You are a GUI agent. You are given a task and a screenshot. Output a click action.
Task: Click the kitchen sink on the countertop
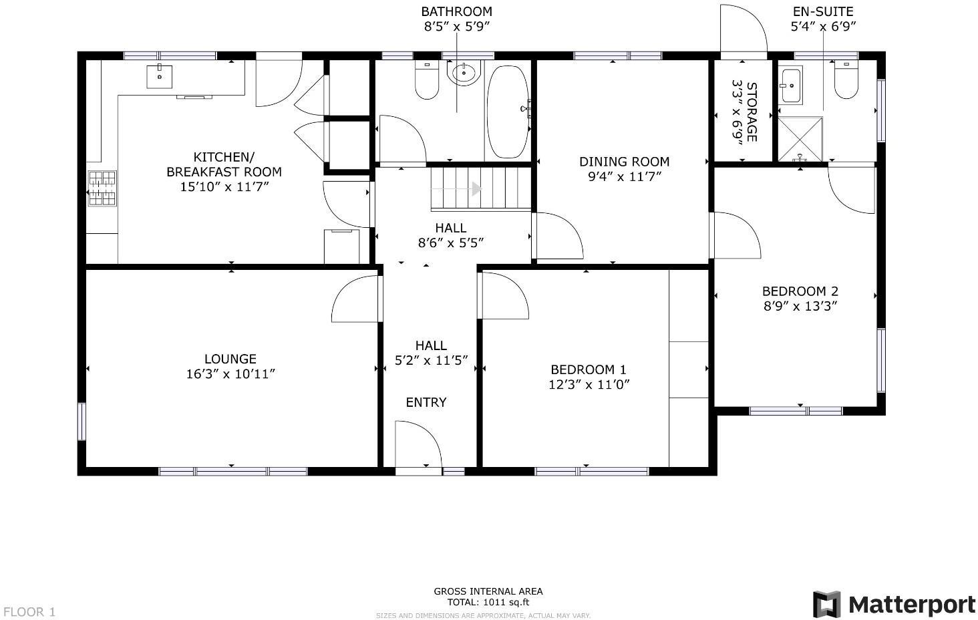pyautogui.click(x=159, y=77)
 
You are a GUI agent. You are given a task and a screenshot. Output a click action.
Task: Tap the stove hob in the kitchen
pyautogui.click(x=102, y=188)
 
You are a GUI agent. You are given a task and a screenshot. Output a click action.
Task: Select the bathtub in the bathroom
pyautogui.click(x=507, y=112)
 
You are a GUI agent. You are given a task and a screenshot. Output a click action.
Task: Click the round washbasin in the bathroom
pyautogui.click(x=464, y=73)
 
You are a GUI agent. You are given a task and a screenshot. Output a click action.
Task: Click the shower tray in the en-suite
pyautogui.click(x=800, y=139)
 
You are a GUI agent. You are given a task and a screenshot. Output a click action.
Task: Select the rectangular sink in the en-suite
pyautogui.click(x=792, y=86)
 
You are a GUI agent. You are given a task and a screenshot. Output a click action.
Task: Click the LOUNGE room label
pyautogui.click(x=230, y=359)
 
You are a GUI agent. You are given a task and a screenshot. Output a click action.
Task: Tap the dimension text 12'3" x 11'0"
pyautogui.click(x=589, y=384)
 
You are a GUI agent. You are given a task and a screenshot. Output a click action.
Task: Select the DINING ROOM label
pyautogui.click(x=624, y=162)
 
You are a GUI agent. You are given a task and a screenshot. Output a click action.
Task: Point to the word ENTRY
pyautogui.click(x=426, y=402)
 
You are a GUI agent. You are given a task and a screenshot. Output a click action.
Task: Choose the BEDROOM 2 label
pyautogui.click(x=800, y=291)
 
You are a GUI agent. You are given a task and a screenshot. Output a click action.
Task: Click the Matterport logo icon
pyautogui.click(x=826, y=605)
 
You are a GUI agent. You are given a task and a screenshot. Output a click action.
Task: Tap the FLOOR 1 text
pyautogui.click(x=29, y=612)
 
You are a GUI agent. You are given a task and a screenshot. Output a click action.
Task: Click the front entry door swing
pyautogui.click(x=418, y=446)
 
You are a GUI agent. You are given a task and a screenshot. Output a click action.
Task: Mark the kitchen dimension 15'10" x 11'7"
pyautogui.click(x=224, y=186)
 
